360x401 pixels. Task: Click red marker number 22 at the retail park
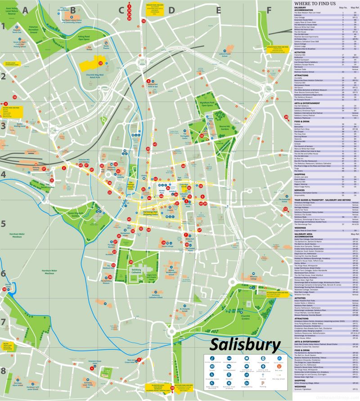(101, 63)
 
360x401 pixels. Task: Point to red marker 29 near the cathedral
(131, 262)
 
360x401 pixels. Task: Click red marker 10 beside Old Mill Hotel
(4, 290)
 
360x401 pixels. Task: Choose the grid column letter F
(269, 9)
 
